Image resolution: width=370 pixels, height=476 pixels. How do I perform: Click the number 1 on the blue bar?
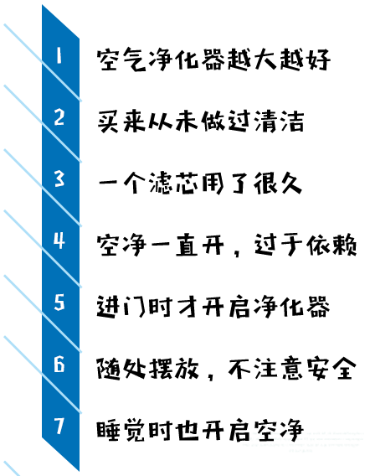(x=59, y=55)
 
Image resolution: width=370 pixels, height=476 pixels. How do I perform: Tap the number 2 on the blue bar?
(x=59, y=117)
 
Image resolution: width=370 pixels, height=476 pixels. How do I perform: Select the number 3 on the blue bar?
(x=59, y=178)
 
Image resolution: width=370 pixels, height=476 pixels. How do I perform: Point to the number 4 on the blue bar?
(x=59, y=241)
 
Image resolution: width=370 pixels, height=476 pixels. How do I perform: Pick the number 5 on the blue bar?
(x=59, y=302)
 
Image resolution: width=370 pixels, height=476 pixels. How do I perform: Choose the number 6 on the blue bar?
(x=59, y=364)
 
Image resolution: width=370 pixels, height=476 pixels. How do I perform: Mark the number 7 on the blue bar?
(x=59, y=426)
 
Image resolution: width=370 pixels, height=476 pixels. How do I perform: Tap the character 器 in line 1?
(x=213, y=59)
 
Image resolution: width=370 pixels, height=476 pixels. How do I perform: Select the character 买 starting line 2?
(x=108, y=122)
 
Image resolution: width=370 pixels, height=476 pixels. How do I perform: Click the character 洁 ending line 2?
(x=292, y=122)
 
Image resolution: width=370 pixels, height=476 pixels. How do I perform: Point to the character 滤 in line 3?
(x=161, y=183)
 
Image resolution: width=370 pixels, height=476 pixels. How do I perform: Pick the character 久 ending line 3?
(x=291, y=183)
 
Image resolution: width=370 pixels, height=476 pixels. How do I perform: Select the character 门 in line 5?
(x=134, y=307)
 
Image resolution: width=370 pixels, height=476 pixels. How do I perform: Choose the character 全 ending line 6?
(x=343, y=368)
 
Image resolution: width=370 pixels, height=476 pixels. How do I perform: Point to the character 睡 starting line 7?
(x=108, y=431)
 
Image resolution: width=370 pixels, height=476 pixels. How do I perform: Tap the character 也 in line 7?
(x=188, y=431)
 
